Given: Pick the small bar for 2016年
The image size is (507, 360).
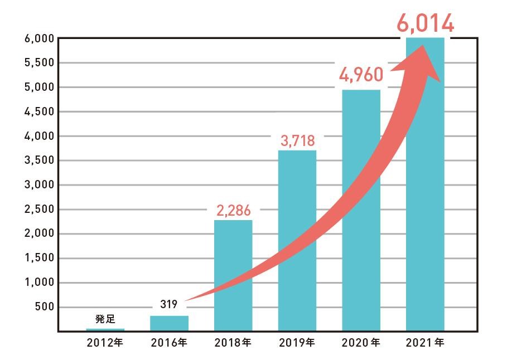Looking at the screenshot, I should click(x=169, y=323).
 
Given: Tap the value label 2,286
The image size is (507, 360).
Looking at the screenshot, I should click(x=233, y=210).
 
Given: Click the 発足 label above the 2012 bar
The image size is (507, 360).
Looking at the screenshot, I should click(x=105, y=319).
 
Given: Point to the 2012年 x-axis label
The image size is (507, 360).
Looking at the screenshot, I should click(x=105, y=343).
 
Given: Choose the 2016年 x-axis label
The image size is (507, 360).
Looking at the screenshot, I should click(x=169, y=343).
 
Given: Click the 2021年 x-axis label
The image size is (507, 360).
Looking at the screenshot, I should click(x=426, y=343).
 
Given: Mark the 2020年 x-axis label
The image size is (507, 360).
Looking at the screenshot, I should click(x=362, y=343).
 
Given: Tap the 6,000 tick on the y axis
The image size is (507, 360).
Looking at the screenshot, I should click(x=38, y=38).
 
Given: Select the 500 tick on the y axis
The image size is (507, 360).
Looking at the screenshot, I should click(x=44, y=307).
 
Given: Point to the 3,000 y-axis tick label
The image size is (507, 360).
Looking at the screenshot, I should click(x=38, y=185).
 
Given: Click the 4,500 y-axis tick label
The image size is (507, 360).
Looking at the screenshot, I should click(x=38, y=111).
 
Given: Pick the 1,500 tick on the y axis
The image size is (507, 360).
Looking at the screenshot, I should click(x=38, y=258).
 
